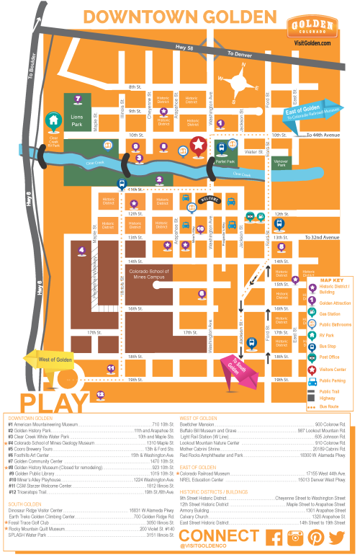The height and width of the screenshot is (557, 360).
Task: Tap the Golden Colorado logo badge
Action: tap(311, 27)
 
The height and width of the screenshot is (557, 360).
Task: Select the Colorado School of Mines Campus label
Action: tap(149, 275)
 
